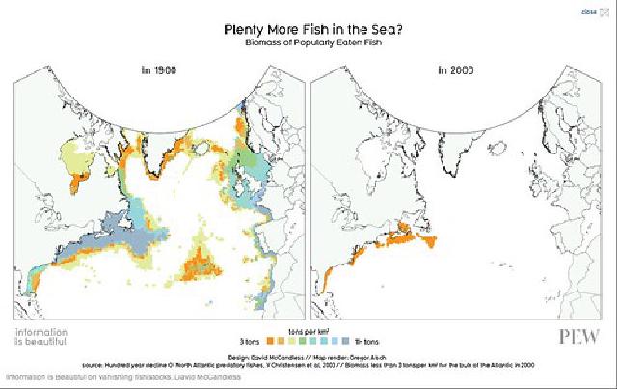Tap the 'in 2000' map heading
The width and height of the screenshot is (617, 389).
pos(459,70)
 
